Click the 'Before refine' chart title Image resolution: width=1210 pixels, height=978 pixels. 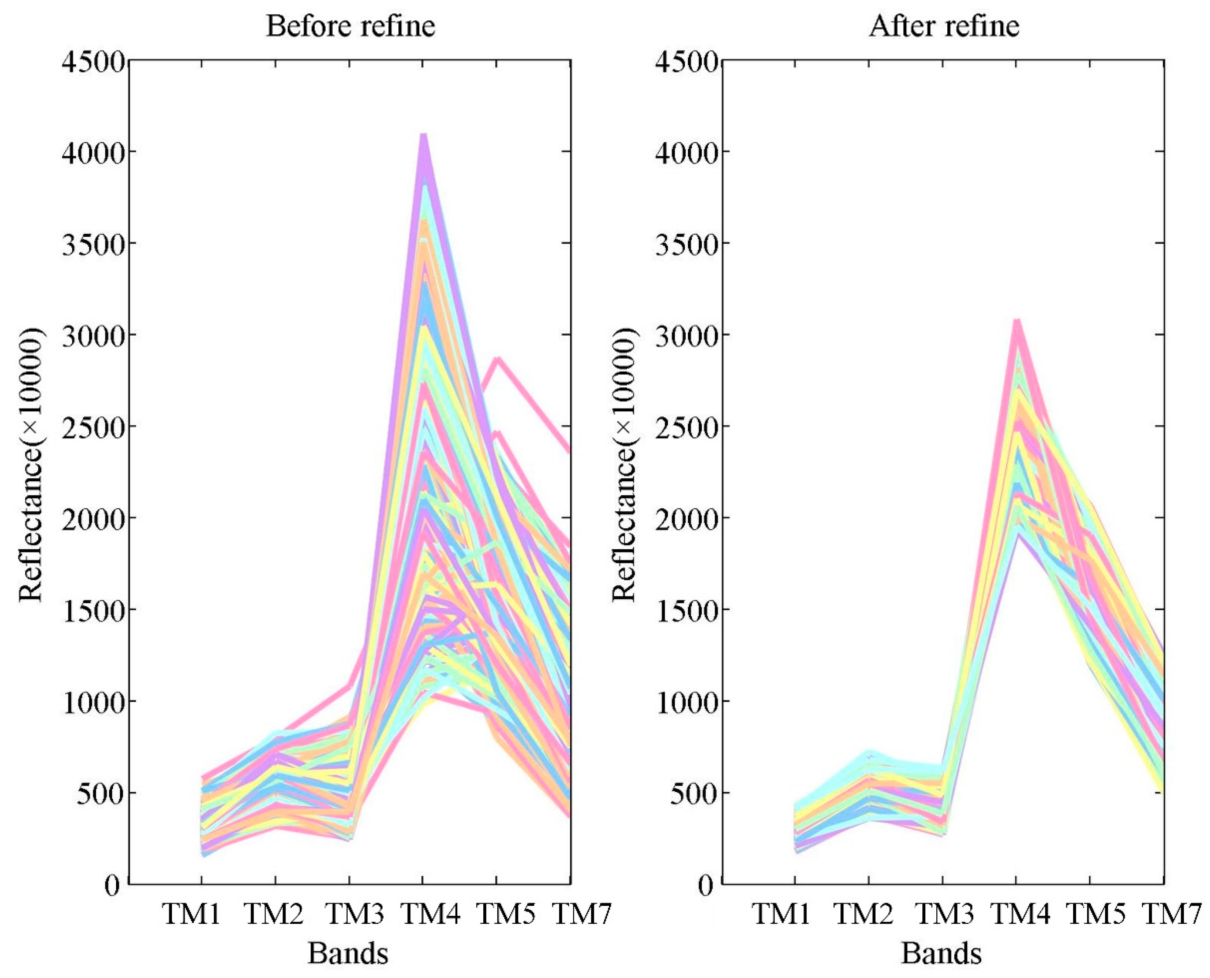350,26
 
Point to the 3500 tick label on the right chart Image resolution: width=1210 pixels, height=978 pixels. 687,243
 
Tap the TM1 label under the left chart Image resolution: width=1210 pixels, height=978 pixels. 191,914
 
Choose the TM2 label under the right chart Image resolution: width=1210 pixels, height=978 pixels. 863,914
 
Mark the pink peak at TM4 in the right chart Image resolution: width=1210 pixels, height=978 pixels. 1017,322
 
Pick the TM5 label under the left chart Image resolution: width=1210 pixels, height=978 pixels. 505,914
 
